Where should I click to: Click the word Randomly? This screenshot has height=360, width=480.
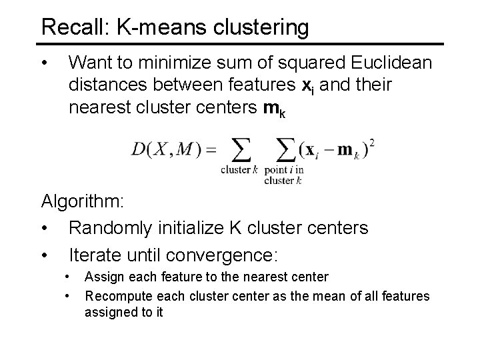(x=111, y=229)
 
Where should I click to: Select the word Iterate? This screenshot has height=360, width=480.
(x=95, y=255)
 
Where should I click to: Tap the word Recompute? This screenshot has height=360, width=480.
(x=116, y=295)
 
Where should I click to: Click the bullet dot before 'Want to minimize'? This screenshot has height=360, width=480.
(x=44, y=64)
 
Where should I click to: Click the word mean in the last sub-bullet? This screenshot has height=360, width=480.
(x=317, y=295)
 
